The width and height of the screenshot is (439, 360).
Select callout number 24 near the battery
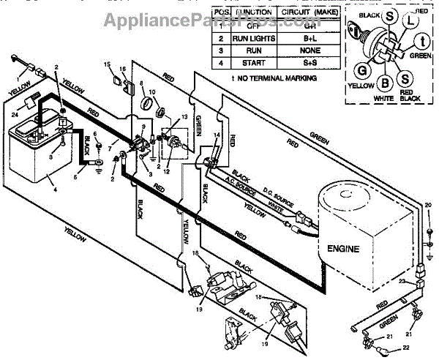coord(15,113)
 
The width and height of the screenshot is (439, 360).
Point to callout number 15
coord(107,65)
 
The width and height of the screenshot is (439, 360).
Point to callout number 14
coord(216,135)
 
